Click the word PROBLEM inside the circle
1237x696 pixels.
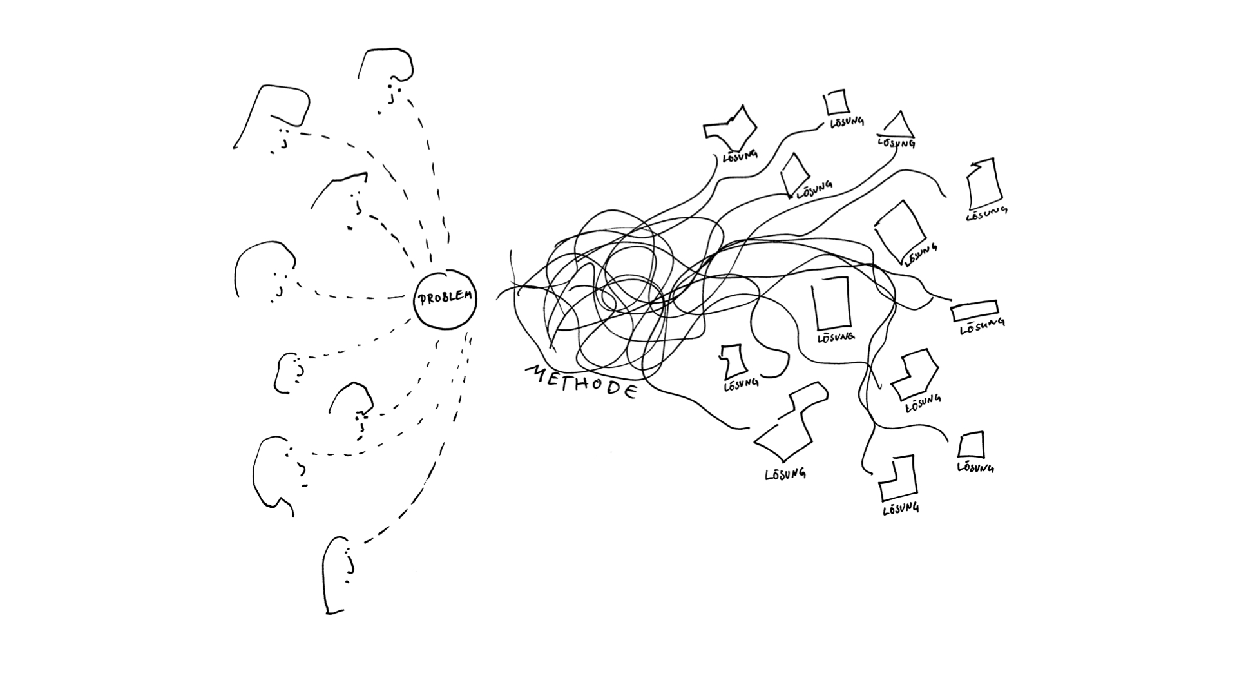pyautogui.click(x=445, y=298)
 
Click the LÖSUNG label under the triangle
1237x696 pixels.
pyautogui.click(x=896, y=142)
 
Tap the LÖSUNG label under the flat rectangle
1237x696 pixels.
pyautogui.click(x=983, y=326)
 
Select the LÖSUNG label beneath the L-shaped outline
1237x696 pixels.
pyautogui.click(x=901, y=508)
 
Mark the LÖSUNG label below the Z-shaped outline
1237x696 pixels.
pyautogui.click(x=785, y=474)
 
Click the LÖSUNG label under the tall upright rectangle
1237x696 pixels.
pyautogui.click(x=836, y=336)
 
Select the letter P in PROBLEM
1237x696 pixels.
pyautogui.click(x=423, y=300)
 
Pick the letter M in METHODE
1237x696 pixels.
pyautogui.click(x=537, y=372)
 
